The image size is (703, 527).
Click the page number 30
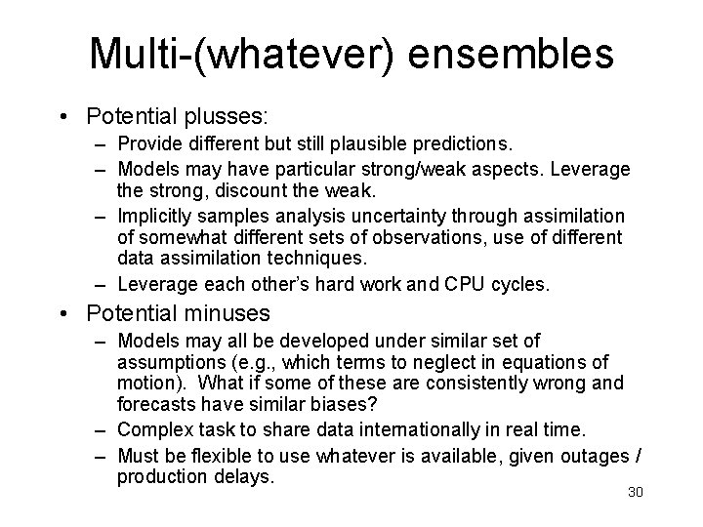(x=636, y=492)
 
